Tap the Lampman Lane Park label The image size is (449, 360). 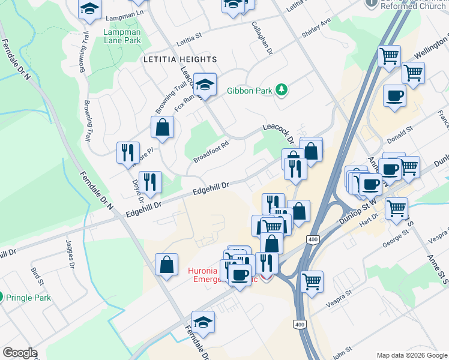(x=122, y=36)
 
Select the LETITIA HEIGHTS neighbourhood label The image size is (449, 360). (x=179, y=59)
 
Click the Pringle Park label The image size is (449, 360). (x=29, y=298)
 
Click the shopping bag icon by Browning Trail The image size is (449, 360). (x=162, y=127)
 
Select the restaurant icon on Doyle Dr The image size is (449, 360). (x=150, y=182)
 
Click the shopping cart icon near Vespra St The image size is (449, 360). (x=312, y=281)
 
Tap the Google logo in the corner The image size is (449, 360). (x=20, y=353)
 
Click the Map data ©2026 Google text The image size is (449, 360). (x=411, y=355)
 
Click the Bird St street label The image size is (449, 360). (x=37, y=276)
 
